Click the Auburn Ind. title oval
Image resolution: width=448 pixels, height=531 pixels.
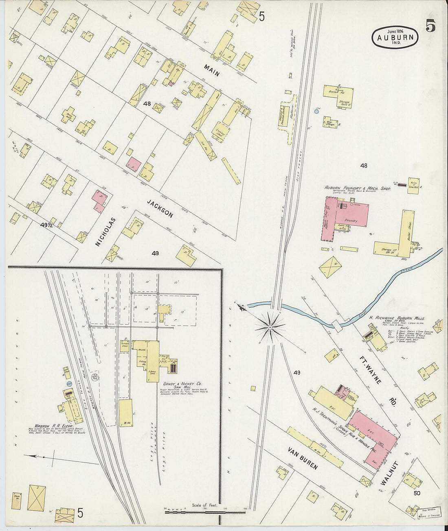click(395, 37)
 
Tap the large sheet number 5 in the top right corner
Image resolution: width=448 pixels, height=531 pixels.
click(430, 26)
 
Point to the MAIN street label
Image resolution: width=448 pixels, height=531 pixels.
click(212, 70)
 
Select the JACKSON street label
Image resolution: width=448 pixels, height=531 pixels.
click(160, 208)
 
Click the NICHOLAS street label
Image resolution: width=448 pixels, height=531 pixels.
click(105, 232)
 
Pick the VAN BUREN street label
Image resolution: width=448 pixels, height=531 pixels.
click(302, 458)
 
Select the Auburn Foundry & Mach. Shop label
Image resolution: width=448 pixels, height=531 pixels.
click(357, 189)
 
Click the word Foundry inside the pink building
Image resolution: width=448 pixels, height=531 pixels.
click(351, 221)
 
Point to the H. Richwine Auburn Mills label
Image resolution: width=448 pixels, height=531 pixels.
click(397, 318)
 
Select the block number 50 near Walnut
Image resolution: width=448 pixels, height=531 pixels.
click(417, 493)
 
